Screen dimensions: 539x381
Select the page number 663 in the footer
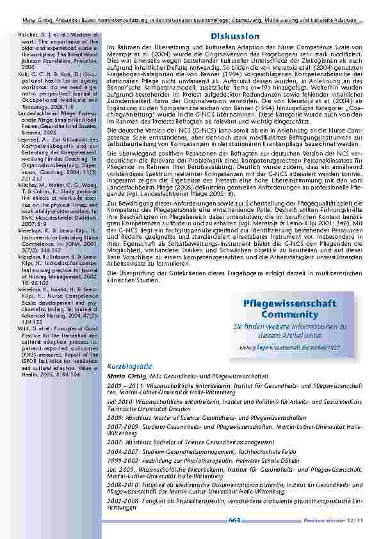point(234,520)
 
